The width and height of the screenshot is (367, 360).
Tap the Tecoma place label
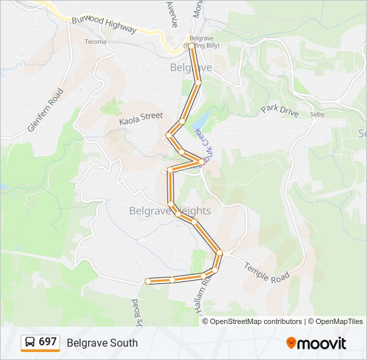[x=95, y=41]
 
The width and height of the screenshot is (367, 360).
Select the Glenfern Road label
[x=45, y=109]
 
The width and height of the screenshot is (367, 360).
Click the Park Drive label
[x=280, y=111]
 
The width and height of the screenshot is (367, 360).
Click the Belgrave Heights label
[x=169, y=211]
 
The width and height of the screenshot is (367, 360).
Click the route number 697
[x=47, y=342]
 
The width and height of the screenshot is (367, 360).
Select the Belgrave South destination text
[x=102, y=343]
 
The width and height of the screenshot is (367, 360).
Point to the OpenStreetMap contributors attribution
[x=256, y=321]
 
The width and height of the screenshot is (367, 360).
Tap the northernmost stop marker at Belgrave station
[x=192, y=46]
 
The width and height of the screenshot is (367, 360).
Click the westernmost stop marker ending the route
[x=148, y=281]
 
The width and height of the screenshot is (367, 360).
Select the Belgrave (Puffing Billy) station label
[x=204, y=42]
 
